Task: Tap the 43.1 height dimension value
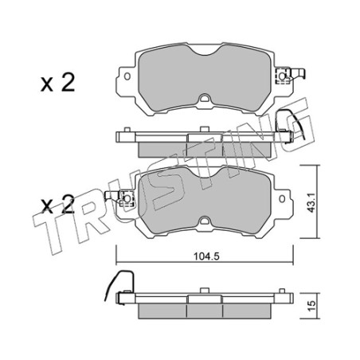(x=311, y=202)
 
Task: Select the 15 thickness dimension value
(x=312, y=306)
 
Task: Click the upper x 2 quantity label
(x=57, y=83)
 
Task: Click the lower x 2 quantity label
(x=58, y=205)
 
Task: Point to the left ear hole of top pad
(x=127, y=76)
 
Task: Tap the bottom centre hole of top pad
(x=205, y=99)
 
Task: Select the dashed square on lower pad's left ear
(x=127, y=198)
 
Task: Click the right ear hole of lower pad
(x=282, y=199)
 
